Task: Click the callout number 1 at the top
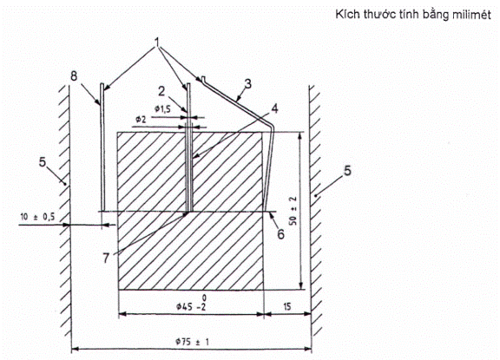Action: point(157,43)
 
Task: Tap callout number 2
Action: point(161,91)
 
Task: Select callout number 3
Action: point(247,84)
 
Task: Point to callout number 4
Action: point(274,108)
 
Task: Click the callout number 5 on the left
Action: point(43,162)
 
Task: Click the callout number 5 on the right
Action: point(347,171)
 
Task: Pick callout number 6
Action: point(280,234)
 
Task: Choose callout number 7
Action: point(106,258)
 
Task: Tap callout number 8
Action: point(74,75)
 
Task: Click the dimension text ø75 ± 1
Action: point(192,342)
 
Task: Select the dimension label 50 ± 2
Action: point(293,211)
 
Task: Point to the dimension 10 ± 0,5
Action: point(37,217)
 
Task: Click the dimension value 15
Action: point(287,307)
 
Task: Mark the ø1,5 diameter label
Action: point(162,109)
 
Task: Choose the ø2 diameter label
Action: point(141,120)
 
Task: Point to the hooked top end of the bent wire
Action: point(203,78)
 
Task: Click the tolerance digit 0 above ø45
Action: point(204,298)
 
